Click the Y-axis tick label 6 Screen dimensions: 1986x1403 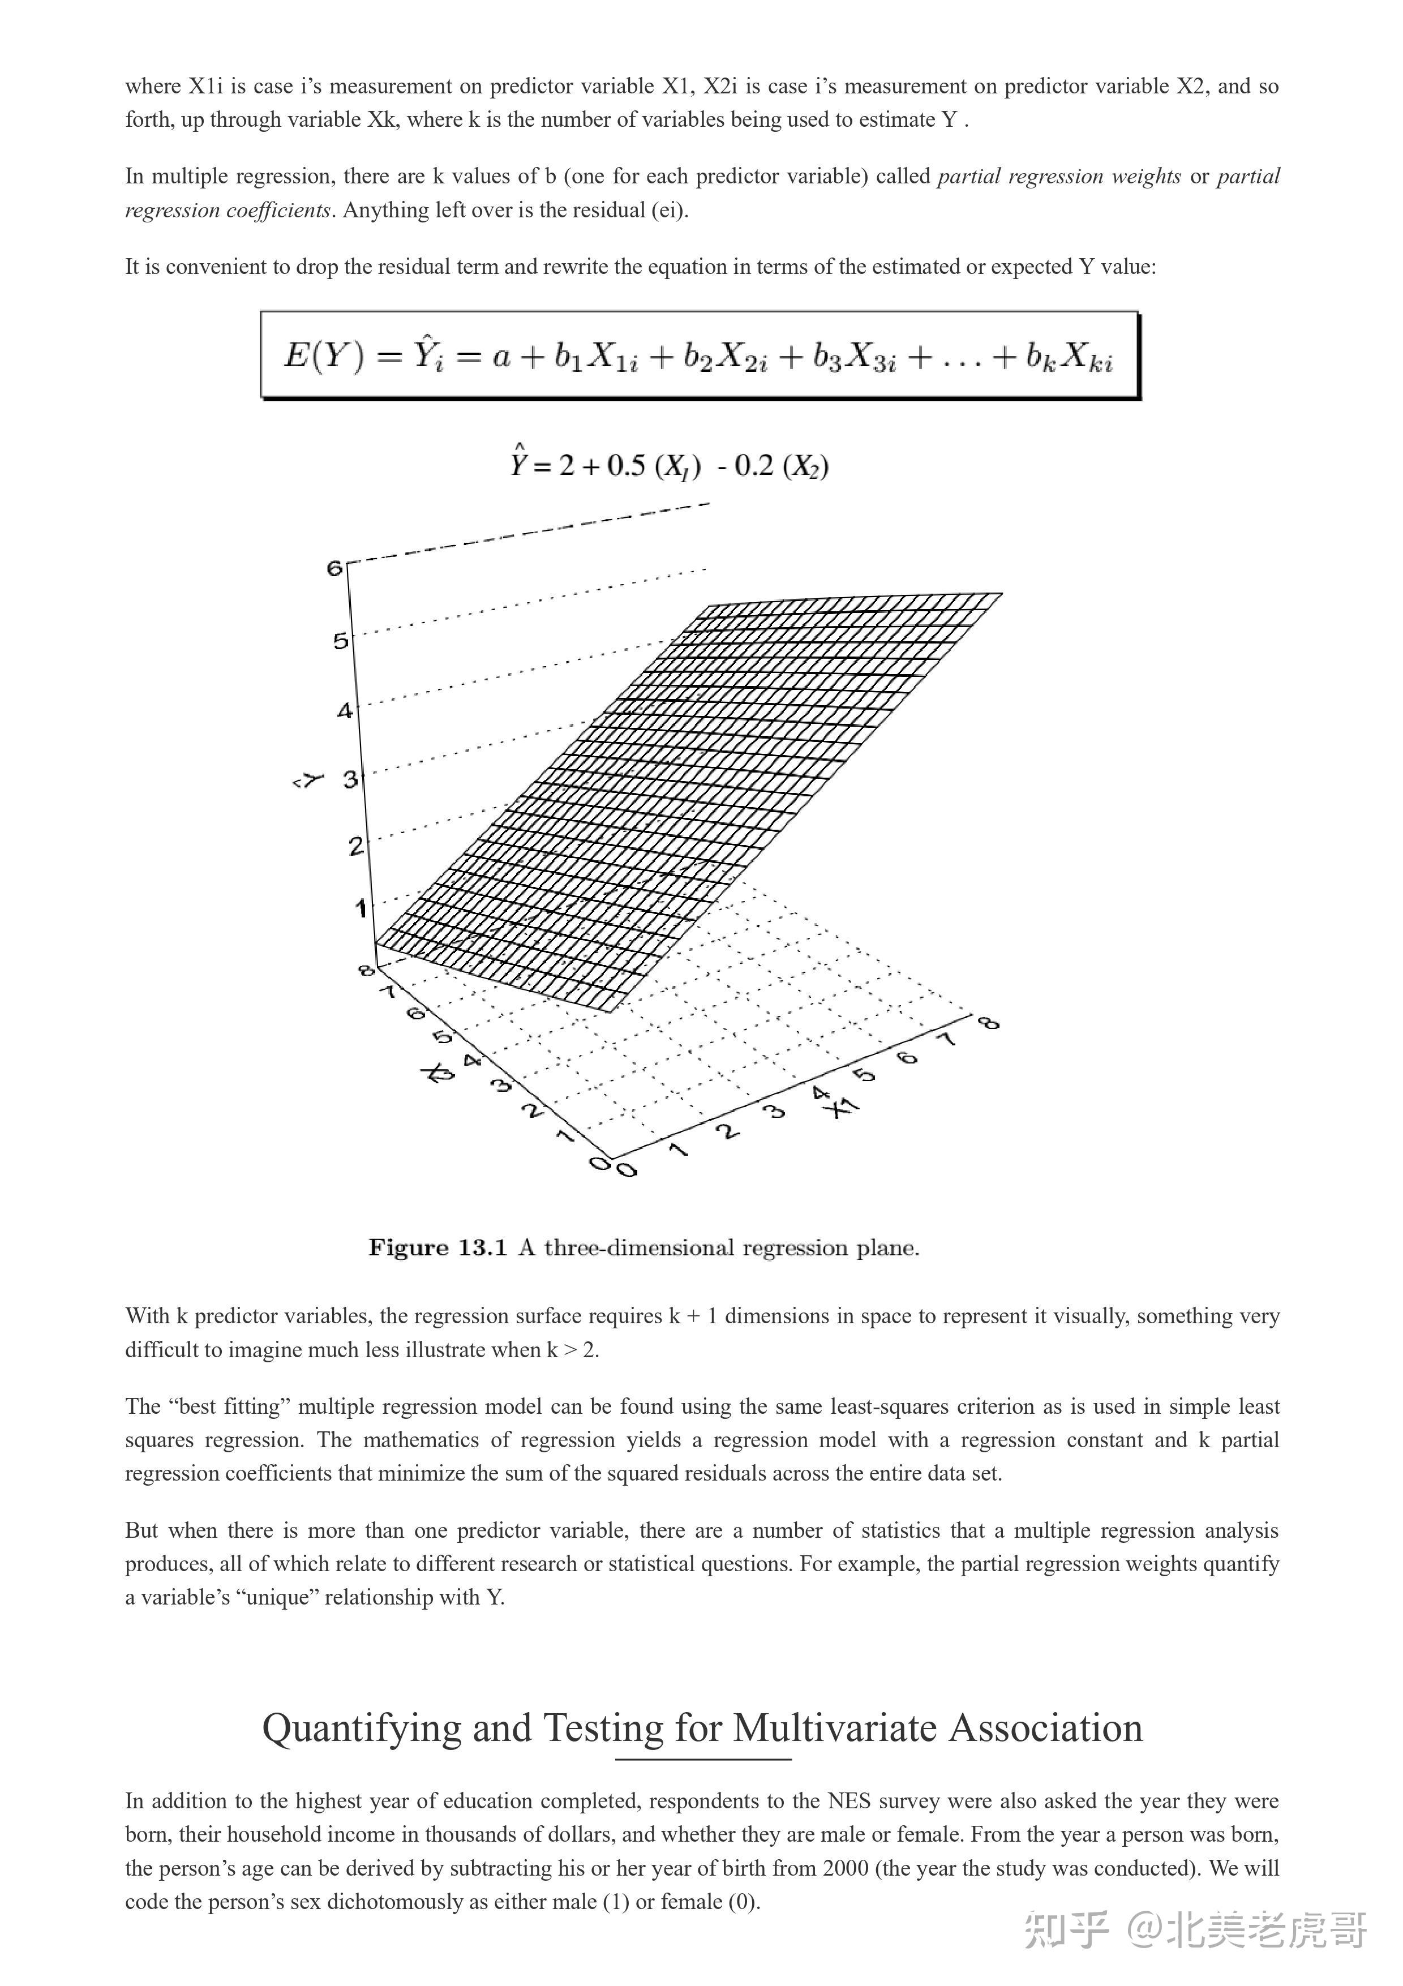[334, 568]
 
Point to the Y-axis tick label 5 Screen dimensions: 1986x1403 [341, 641]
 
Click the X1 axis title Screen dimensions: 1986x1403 [841, 1107]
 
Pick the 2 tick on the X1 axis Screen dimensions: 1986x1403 [729, 1131]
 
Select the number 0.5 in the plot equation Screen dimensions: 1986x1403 [627, 466]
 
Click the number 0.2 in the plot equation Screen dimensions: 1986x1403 [754, 466]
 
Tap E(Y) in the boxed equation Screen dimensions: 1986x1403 [324, 355]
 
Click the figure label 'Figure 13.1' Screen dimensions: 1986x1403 [437, 1247]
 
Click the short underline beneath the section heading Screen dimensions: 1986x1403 [703, 1758]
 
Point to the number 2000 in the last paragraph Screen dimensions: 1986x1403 [845, 1868]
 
